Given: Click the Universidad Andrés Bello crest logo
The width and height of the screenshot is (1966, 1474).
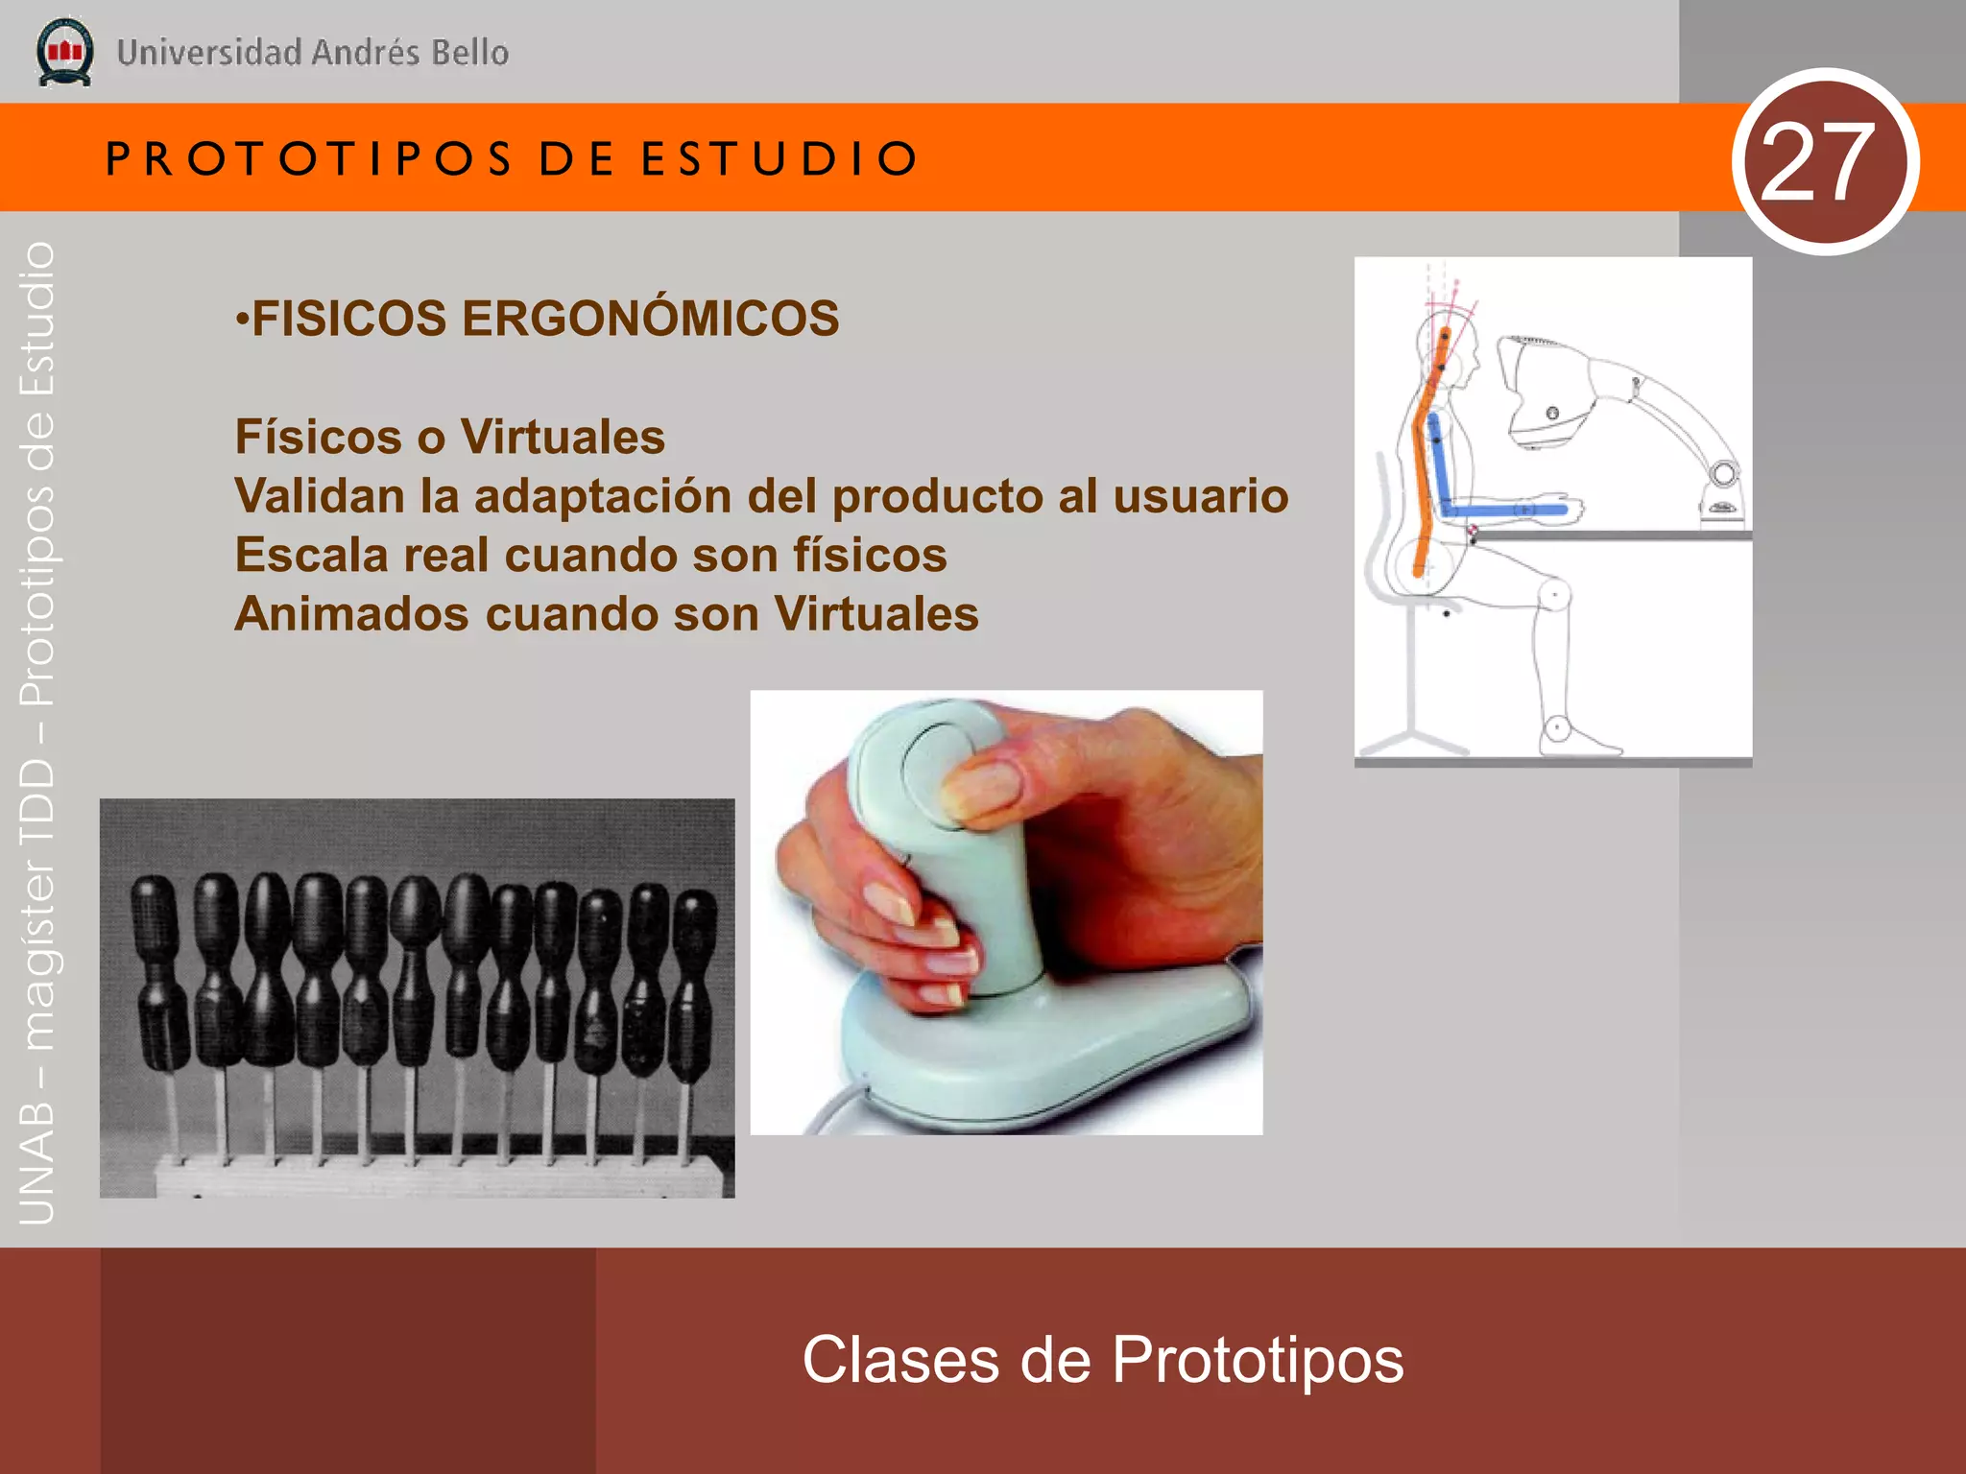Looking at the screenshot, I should point(64,53).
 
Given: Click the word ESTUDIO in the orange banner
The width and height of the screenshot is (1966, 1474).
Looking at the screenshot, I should point(779,159).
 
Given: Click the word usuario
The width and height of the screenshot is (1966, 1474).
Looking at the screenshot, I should point(1200,496).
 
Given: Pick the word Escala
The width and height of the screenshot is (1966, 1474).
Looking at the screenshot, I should point(310,556).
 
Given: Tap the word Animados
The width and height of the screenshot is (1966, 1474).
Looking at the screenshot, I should point(351,614).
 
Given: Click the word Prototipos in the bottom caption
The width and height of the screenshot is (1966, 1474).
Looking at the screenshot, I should point(1258,1360).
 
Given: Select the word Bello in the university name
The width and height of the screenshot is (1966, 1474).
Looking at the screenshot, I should point(469,53).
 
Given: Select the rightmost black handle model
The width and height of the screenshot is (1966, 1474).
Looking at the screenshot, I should point(692,979).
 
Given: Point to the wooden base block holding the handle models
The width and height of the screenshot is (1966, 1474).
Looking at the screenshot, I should point(432,1176).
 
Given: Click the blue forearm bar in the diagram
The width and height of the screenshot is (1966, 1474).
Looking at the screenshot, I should point(1507,511).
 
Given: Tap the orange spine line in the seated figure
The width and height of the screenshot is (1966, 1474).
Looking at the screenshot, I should point(1423,461).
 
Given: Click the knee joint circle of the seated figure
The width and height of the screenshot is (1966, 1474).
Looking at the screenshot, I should point(1554,596).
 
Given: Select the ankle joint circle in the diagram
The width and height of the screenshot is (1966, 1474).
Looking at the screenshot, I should point(1556,728).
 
